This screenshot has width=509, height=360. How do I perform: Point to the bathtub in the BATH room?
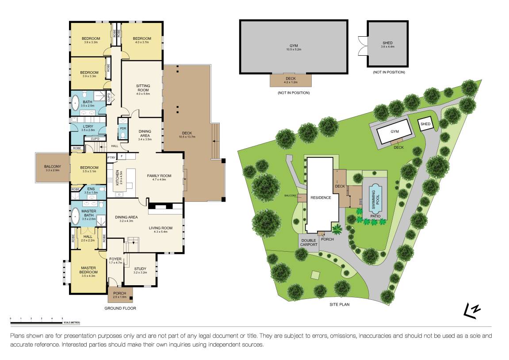[x=75, y=105]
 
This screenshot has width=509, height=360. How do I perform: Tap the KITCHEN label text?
[x=118, y=178]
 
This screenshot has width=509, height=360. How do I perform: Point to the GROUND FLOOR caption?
[x=120, y=308]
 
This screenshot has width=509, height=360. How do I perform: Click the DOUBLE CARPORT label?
[x=308, y=243]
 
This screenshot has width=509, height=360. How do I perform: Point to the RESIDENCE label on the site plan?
[x=320, y=198]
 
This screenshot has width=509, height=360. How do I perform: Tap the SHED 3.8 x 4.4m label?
[x=387, y=45]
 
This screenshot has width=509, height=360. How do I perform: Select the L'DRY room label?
[x=88, y=128]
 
